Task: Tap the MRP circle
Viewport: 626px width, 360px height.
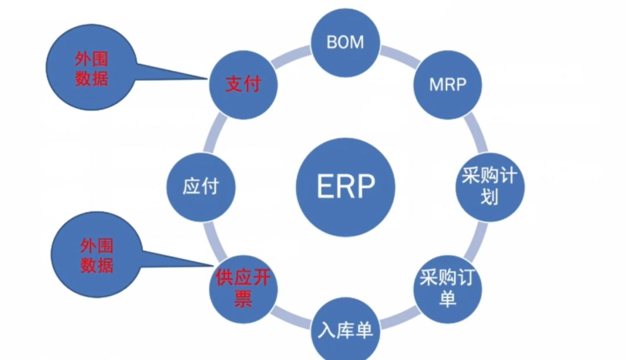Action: (x=447, y=84)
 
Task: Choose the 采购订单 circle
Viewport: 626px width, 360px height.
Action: (x=446, y=289)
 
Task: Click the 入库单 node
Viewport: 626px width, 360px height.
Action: (x=345, y=330)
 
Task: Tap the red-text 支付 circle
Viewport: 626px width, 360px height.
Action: (x=243, y=85)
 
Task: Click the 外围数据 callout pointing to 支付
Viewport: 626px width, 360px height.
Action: (x=91, y=70)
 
